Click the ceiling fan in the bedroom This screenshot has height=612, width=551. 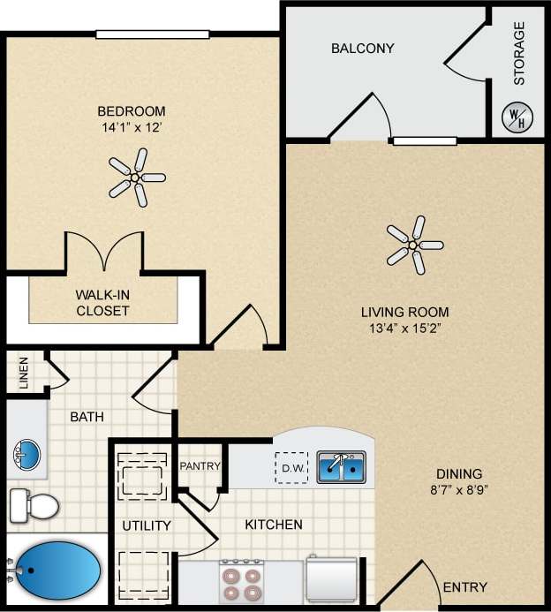point(136,178)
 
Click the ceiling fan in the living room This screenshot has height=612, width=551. point(413,245)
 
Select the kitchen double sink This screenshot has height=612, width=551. point(342,466)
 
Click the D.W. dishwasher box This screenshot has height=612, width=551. point(291,468)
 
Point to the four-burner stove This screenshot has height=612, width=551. point(241,581)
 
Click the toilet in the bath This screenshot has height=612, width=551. point(34,506)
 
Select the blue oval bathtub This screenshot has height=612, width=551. point(58,570)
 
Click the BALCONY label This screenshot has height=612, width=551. point(362,48)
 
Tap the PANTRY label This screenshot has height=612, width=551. point(200,465)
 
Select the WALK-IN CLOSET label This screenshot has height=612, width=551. point(102,303)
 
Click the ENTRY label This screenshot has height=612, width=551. point(464,587)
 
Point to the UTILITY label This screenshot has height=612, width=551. point(147,525)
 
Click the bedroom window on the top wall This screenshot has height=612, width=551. point(153,34)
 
